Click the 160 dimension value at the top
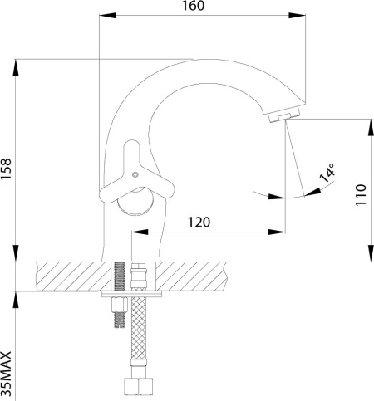[x=194, y=6]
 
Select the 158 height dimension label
[x=6, y=169]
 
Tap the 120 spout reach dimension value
[x=199, y=222]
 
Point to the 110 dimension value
[x=361, y=194]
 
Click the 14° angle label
[x=327, y=173]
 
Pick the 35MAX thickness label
[x=6, y=374]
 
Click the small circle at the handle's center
[x=135, y=174]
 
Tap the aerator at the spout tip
[x=284, y=114]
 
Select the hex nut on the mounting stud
[x=120, y=305]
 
